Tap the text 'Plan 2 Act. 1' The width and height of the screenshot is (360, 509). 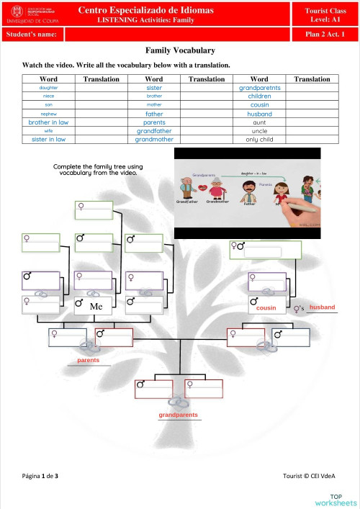pos(325,34)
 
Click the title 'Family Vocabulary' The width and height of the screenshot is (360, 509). pos(180,50)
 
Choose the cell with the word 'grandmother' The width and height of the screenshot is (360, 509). pos(154,140)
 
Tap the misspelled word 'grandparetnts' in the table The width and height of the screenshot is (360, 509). pos(259,88)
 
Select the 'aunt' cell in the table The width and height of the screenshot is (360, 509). pos(259,122)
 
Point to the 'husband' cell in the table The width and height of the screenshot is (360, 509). pos(259,114)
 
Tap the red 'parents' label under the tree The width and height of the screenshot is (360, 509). pos(89,360)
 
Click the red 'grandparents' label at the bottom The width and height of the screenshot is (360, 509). pos(178,415)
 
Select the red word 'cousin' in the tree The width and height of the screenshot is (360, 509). pos(266,307)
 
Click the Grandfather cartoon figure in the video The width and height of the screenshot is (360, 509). pos(188,189)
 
